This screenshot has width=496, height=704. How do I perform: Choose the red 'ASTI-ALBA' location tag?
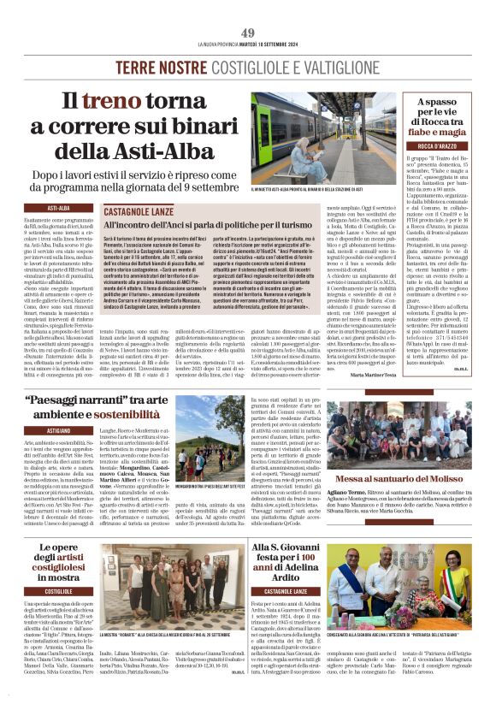point(58,207)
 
